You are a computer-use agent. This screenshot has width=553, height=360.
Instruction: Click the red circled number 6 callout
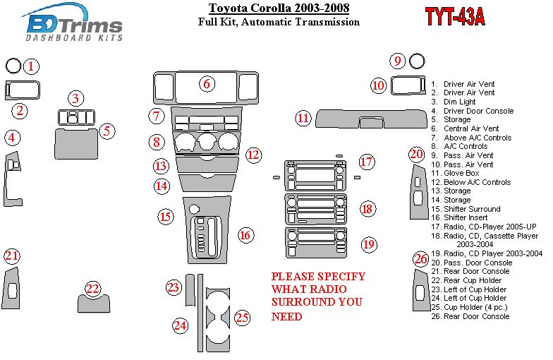(x=207, y=83)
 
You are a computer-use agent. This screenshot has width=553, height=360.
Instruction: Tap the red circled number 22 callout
(x=93, y=289)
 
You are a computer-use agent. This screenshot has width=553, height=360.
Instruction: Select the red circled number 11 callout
(x=303, y=118)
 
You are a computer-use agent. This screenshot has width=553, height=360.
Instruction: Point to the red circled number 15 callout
(x=166, y=216)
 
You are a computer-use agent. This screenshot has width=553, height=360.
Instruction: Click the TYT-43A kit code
(x=455, y=16)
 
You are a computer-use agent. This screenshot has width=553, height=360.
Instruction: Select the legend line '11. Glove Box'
(x=456, y=174)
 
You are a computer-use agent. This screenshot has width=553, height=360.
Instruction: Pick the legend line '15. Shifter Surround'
(x=466, y=209)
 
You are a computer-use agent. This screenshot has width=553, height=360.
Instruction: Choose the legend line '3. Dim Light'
(x=454, y=102)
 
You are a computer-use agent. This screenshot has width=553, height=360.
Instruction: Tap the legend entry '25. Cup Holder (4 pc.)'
(x=470, y=308)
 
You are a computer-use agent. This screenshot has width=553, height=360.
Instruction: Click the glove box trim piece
(x=371, y=119)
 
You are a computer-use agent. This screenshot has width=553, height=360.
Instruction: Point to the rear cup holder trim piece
(x=94, y=304)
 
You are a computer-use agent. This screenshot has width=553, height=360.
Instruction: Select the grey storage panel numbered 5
(x=76, y=144)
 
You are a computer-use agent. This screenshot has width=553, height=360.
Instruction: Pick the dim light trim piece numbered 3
(x=76, y=117)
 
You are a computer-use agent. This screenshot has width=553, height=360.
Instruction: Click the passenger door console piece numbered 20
(x=418, y=192)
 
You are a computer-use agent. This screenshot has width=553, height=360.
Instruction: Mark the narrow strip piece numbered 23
(x=190, y=289)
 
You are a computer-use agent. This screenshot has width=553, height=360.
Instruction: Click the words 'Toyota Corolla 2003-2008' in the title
(x=279, y=8)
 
